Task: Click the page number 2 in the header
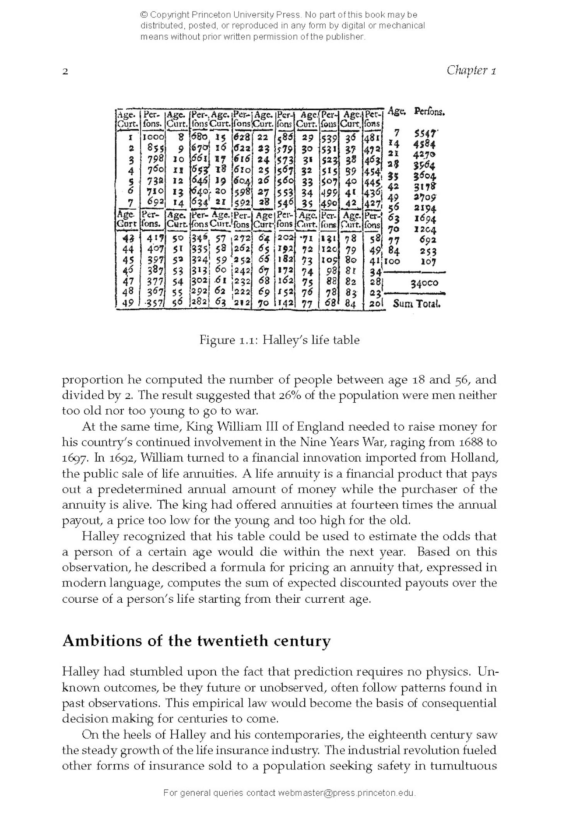[x=65, y=72]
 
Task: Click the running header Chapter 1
[x=471, y=70]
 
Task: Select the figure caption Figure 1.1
[x=279, y=340]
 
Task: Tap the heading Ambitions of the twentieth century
[x=196, y=641]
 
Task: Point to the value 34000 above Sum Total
[x=424, y=283]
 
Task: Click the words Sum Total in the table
[x=416, y=304]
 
